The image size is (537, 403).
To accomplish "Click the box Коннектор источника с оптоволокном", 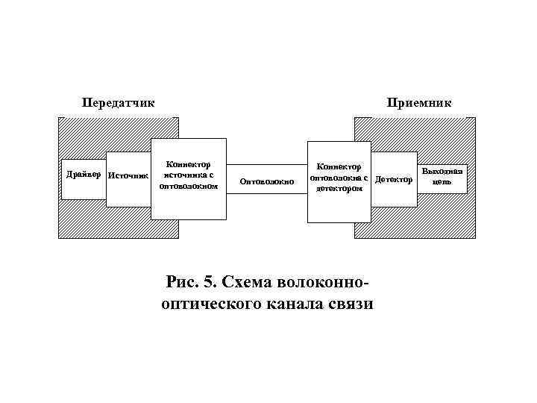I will click(x=188, y=178).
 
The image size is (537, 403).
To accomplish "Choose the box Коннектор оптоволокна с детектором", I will click(x=339, y=181).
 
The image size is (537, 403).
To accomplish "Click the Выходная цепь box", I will click(x=442, y=178).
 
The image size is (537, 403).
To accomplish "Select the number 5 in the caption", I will click(x=209, y=284).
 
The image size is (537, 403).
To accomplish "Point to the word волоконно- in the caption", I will click(x=323, y=284).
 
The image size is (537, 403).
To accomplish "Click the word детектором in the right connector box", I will click(x=339, y=189).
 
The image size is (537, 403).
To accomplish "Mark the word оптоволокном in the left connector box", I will click(x=188, y=186).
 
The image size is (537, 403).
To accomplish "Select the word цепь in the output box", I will click(x=442, y=182).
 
